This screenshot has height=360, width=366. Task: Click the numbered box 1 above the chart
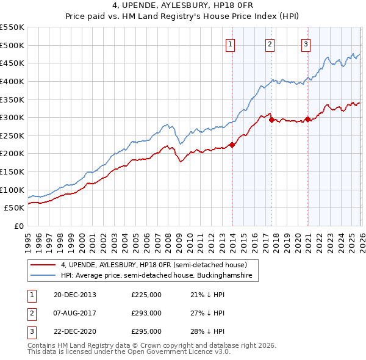(x=231, y=43)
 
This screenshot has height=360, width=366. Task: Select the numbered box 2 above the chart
(x=270, y=43)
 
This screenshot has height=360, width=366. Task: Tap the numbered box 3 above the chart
(x=306, y=43)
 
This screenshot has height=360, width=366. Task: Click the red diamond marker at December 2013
(x=232, y=145)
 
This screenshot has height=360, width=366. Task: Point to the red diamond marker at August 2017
(x=271, y=120)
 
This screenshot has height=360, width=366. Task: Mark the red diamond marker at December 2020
(x=307, y=119)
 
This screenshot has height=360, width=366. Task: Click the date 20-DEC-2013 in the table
(x=75, y=295)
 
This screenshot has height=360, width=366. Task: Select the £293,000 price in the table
(x=146, y=313)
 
